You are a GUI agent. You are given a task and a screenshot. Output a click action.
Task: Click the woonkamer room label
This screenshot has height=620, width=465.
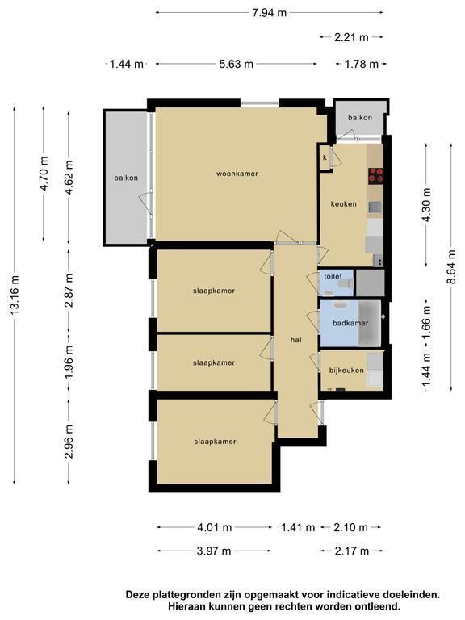(x=237, y=174)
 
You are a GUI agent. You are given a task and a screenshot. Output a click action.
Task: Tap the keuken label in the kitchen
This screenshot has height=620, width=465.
(x=344, y=204)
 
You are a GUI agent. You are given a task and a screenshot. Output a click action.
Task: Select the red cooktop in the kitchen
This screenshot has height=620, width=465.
(x=375, y=176)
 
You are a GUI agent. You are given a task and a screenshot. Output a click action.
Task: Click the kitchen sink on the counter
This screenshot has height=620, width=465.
(x=375, y=207)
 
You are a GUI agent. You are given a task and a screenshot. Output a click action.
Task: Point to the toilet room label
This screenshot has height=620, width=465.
(x=333, y=276)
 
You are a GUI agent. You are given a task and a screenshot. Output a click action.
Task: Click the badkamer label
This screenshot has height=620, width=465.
(x=350, y=323)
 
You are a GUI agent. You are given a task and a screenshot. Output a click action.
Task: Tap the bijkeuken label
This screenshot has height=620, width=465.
(x=346, y=371)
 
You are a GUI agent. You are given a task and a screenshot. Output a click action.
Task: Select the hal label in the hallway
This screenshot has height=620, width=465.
(x=295, y=340)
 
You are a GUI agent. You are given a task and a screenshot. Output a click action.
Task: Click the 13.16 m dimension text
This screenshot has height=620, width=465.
(x=15, y=295)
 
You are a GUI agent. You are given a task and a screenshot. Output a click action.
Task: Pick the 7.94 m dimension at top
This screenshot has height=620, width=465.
(x=270, y=13)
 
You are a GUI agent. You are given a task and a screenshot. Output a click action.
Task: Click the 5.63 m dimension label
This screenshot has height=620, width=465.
(x=236, y=64)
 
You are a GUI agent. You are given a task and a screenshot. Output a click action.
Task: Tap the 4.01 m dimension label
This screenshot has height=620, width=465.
(x=214, y=527)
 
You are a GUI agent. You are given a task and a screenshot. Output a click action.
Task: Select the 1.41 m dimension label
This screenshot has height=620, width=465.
(x=298, y=527)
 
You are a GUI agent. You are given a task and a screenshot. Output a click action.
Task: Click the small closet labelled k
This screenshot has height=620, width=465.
(x=325, y=157)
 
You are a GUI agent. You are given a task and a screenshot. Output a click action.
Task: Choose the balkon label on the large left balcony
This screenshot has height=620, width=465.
(x=126, y=178)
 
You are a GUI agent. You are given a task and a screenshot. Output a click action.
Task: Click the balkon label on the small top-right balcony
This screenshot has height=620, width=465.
(x=360, y=117)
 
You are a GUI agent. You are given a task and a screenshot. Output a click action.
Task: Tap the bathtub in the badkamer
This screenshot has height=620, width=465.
(x=369, y=323)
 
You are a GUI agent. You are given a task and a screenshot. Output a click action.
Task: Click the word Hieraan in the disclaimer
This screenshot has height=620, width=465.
(x=186, y=605)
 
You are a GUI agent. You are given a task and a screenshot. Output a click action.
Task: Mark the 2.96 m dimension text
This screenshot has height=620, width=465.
(x=69, y=441)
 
